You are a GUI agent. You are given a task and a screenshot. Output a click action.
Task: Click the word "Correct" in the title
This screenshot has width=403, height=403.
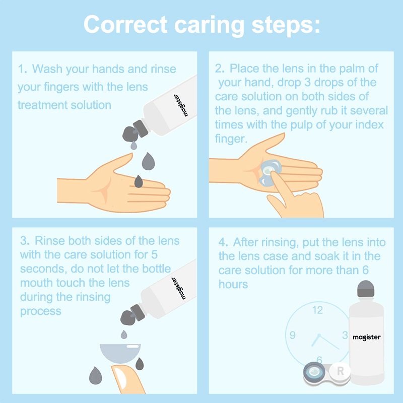pos(125,24)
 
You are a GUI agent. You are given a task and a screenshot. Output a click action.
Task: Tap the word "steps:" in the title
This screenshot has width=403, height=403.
pos(286,26)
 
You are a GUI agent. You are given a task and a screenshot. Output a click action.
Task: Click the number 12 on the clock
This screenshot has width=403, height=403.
pos(318,310)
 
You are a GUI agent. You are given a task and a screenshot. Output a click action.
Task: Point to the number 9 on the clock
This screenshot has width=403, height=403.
pos(293,335)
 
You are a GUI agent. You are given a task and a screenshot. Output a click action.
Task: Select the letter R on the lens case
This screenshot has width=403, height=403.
pos(341,371)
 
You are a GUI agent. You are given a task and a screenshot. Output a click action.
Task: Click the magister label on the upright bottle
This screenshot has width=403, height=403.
pos(367,337)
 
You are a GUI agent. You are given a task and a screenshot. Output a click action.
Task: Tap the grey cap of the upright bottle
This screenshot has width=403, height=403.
pos(366,289)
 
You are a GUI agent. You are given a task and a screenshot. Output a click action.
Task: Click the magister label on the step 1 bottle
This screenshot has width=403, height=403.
pos(181,105)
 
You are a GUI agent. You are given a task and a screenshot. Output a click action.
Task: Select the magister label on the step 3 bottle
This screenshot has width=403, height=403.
pos(179,288)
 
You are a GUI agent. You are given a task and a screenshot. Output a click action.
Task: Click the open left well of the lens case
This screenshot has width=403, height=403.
pos(314,372)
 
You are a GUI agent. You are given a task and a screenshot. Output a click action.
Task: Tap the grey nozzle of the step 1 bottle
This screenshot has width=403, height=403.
pos(135,131)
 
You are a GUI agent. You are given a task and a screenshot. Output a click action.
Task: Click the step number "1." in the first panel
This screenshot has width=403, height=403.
pos(23,69)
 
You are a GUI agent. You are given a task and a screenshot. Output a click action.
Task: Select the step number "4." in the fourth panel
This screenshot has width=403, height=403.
pos(223,242)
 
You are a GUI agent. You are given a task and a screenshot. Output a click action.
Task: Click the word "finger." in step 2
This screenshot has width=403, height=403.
pos(231,139)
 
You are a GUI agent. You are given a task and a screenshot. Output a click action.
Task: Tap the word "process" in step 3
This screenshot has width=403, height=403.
pos(41,311)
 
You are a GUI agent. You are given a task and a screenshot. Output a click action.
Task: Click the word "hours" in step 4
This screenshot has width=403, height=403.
pos(233,284)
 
